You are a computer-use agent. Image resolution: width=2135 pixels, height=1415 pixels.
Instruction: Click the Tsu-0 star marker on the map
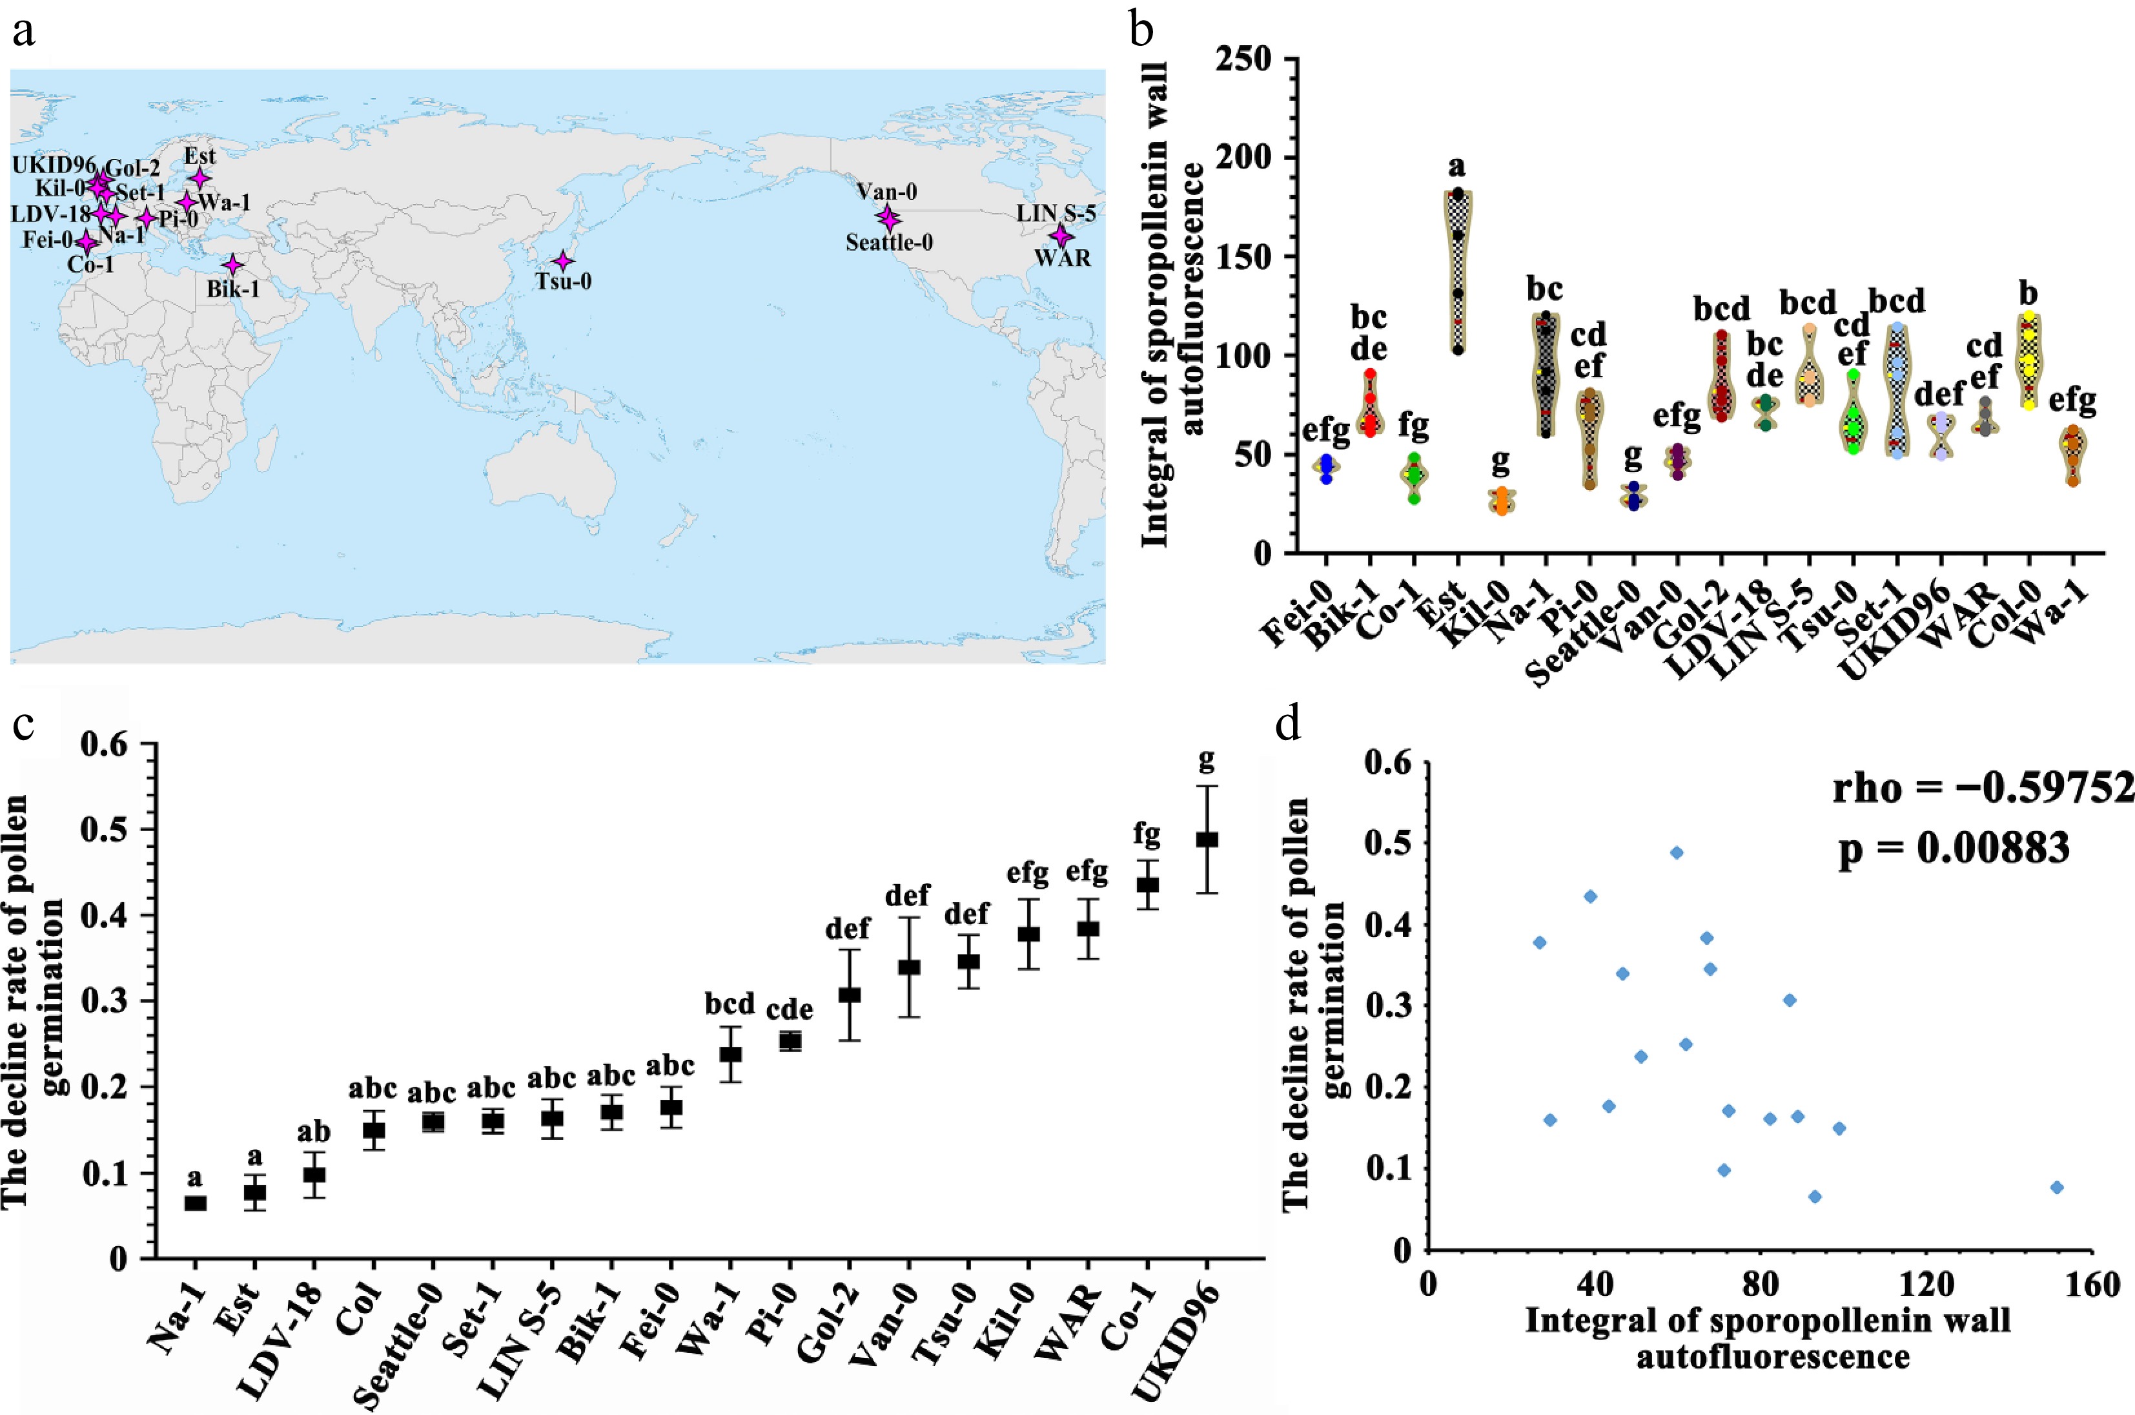tap(563, 261)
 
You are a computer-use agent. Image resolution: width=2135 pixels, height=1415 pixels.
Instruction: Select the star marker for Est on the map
tap(199, 179)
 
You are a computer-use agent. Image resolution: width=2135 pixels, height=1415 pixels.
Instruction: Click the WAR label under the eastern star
tap(1061, 259)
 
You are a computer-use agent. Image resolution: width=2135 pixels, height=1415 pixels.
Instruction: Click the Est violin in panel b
tap(1458, 271)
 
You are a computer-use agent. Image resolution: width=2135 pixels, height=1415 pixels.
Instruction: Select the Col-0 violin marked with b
tap(2028, 360)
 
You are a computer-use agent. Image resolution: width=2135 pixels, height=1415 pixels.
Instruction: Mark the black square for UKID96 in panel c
tap(1207, 840)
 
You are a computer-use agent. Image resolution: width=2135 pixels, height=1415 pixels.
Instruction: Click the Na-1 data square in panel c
tap(196, 1203)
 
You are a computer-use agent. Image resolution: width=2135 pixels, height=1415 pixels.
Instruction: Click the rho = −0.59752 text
tap(1983, 789)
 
